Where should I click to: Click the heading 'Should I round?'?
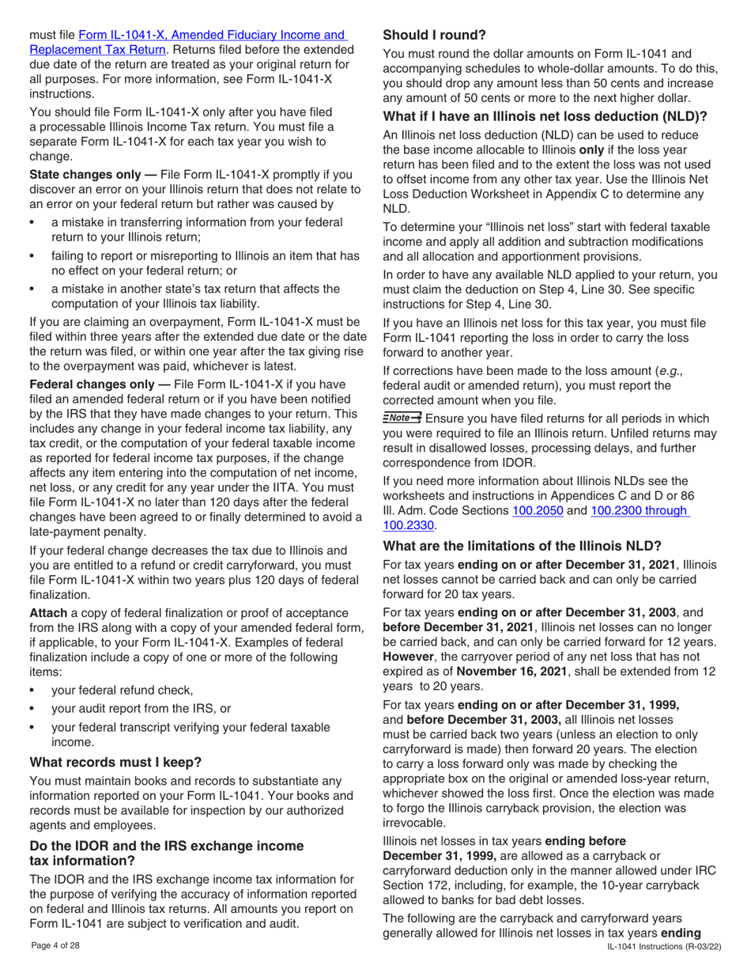pyautogui.click(x=434, y=36)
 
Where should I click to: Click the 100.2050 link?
pyautogui.click(x=538, y=510)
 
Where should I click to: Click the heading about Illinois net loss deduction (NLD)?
pyautogui.click(x=545, y=117)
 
